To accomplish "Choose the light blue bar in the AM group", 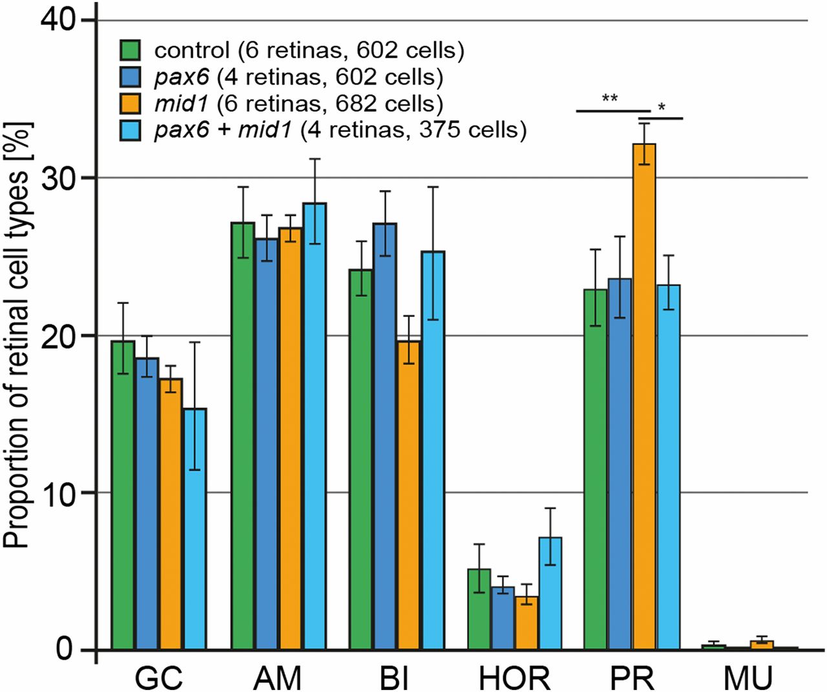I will click(x=314, y=426).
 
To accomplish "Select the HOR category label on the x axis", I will click(x=515, y=678).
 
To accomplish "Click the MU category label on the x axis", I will click(x=748, y=678).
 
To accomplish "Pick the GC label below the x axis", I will click(x=159, y=678).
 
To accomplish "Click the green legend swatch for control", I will click(x=131, y=50).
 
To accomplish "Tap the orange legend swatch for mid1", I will click(x=131, y=103).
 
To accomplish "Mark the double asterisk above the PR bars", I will click(x=609, y=99).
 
